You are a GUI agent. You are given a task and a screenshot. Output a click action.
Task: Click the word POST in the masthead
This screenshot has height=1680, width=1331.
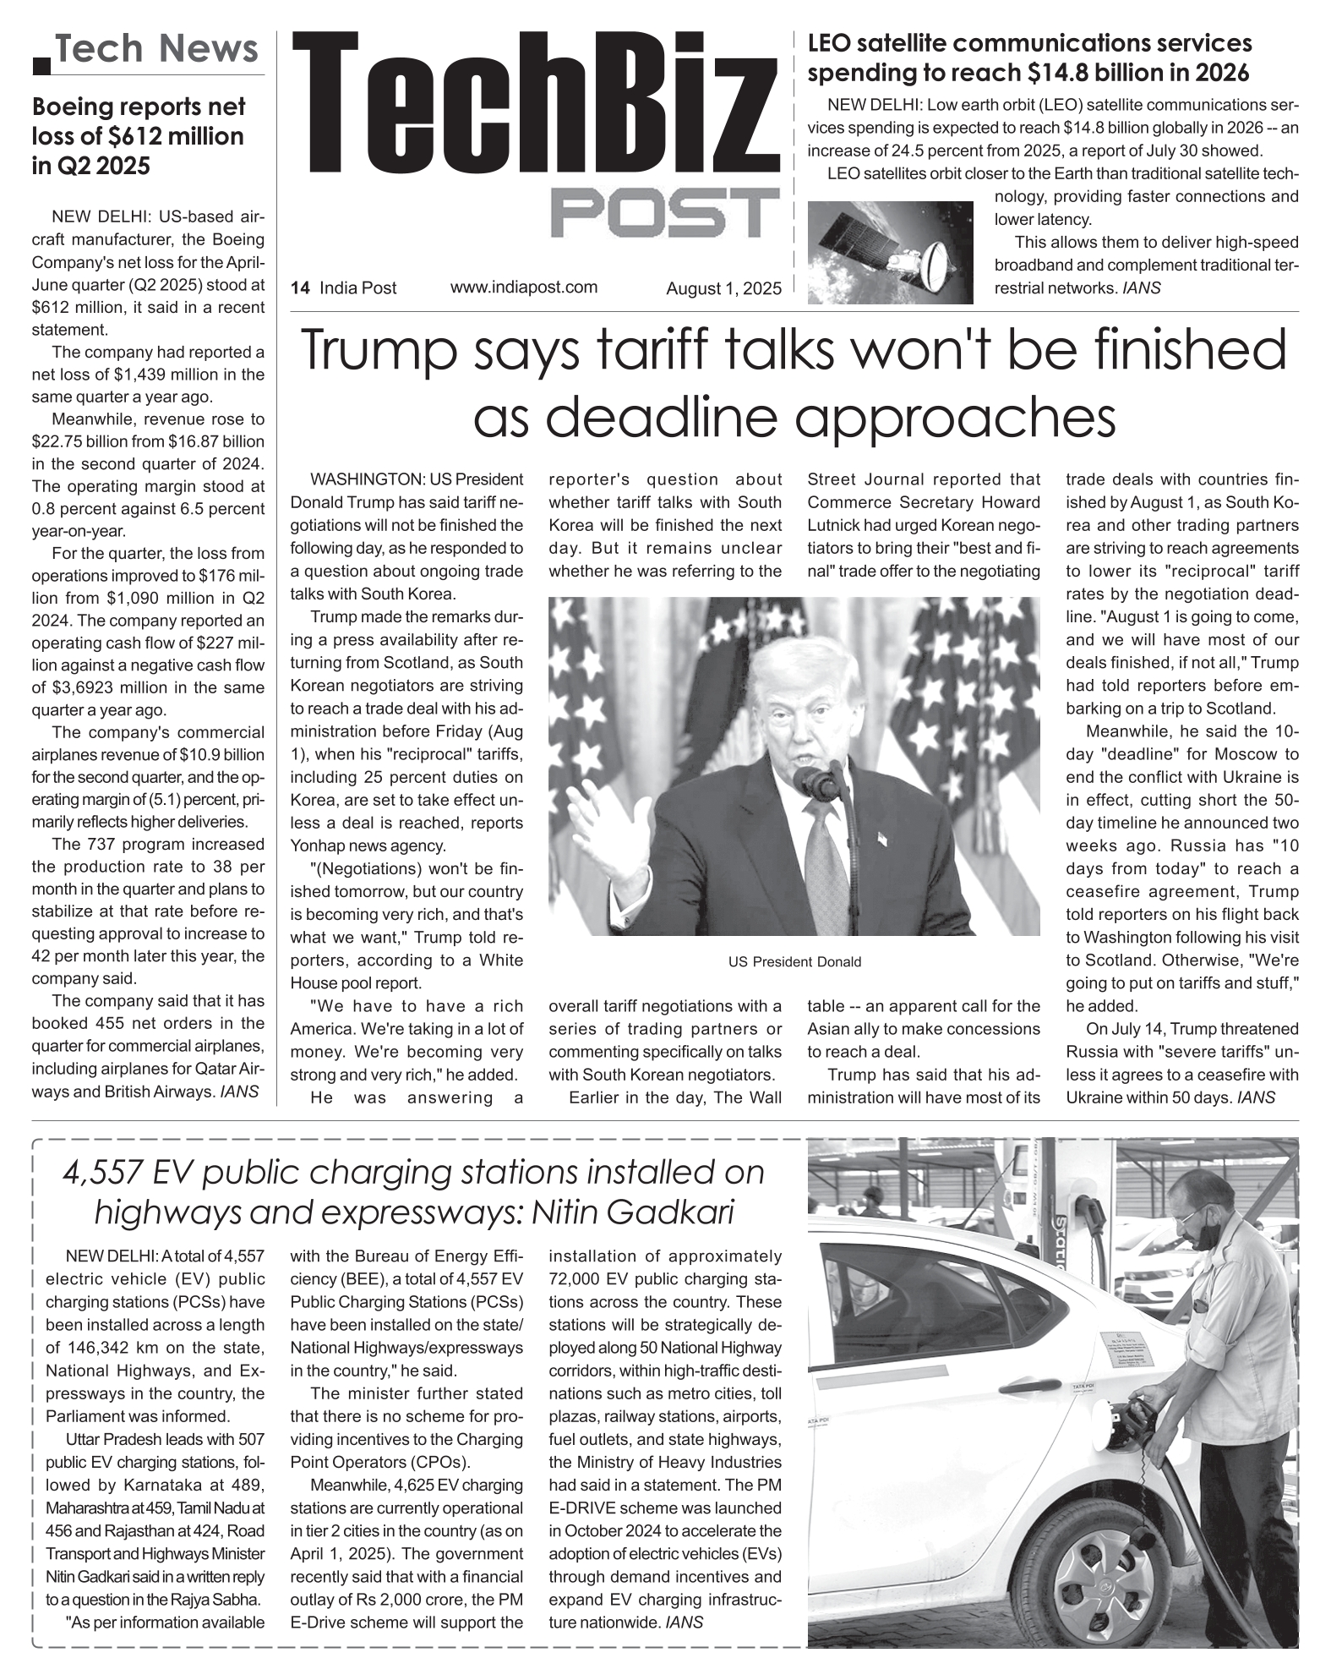(x=664, y=212)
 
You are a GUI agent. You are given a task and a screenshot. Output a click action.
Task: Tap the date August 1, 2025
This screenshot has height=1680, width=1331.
(x=723, y=288)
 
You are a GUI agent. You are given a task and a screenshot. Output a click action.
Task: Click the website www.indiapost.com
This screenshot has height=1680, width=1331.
(x=524, y=287)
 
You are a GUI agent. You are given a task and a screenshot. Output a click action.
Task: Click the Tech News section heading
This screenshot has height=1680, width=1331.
(x=157, y=49)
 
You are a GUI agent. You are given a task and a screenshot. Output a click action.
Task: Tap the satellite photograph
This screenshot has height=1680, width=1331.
(x=891, y=252)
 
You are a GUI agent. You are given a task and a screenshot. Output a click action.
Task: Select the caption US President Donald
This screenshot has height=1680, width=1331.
(x=794, y=961)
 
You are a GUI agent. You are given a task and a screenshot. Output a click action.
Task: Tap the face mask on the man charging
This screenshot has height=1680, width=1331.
(x=1209, y=1234)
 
